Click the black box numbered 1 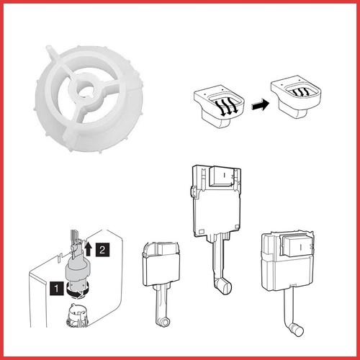pyautogui.click(x=57, y=288)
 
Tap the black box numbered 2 pyautogui.click(x=102, y=250)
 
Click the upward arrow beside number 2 pyautogui.click(x=89, y=248)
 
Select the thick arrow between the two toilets pyautogui.click(x=260, y=105)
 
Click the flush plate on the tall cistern pyautogui.click(x=221, y=176)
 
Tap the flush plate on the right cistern pyautogui.click(x=297, y=246)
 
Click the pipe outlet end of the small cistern pyautogui.click(x=164, y=322)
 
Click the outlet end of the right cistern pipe pyautogui.click(x=297, y=330)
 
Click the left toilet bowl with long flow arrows pyautogui.click(x=220, y=106)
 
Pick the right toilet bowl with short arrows pyautogui.click(x=296, y=96)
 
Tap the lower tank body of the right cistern pyautogui.click(x=287, y=274)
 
